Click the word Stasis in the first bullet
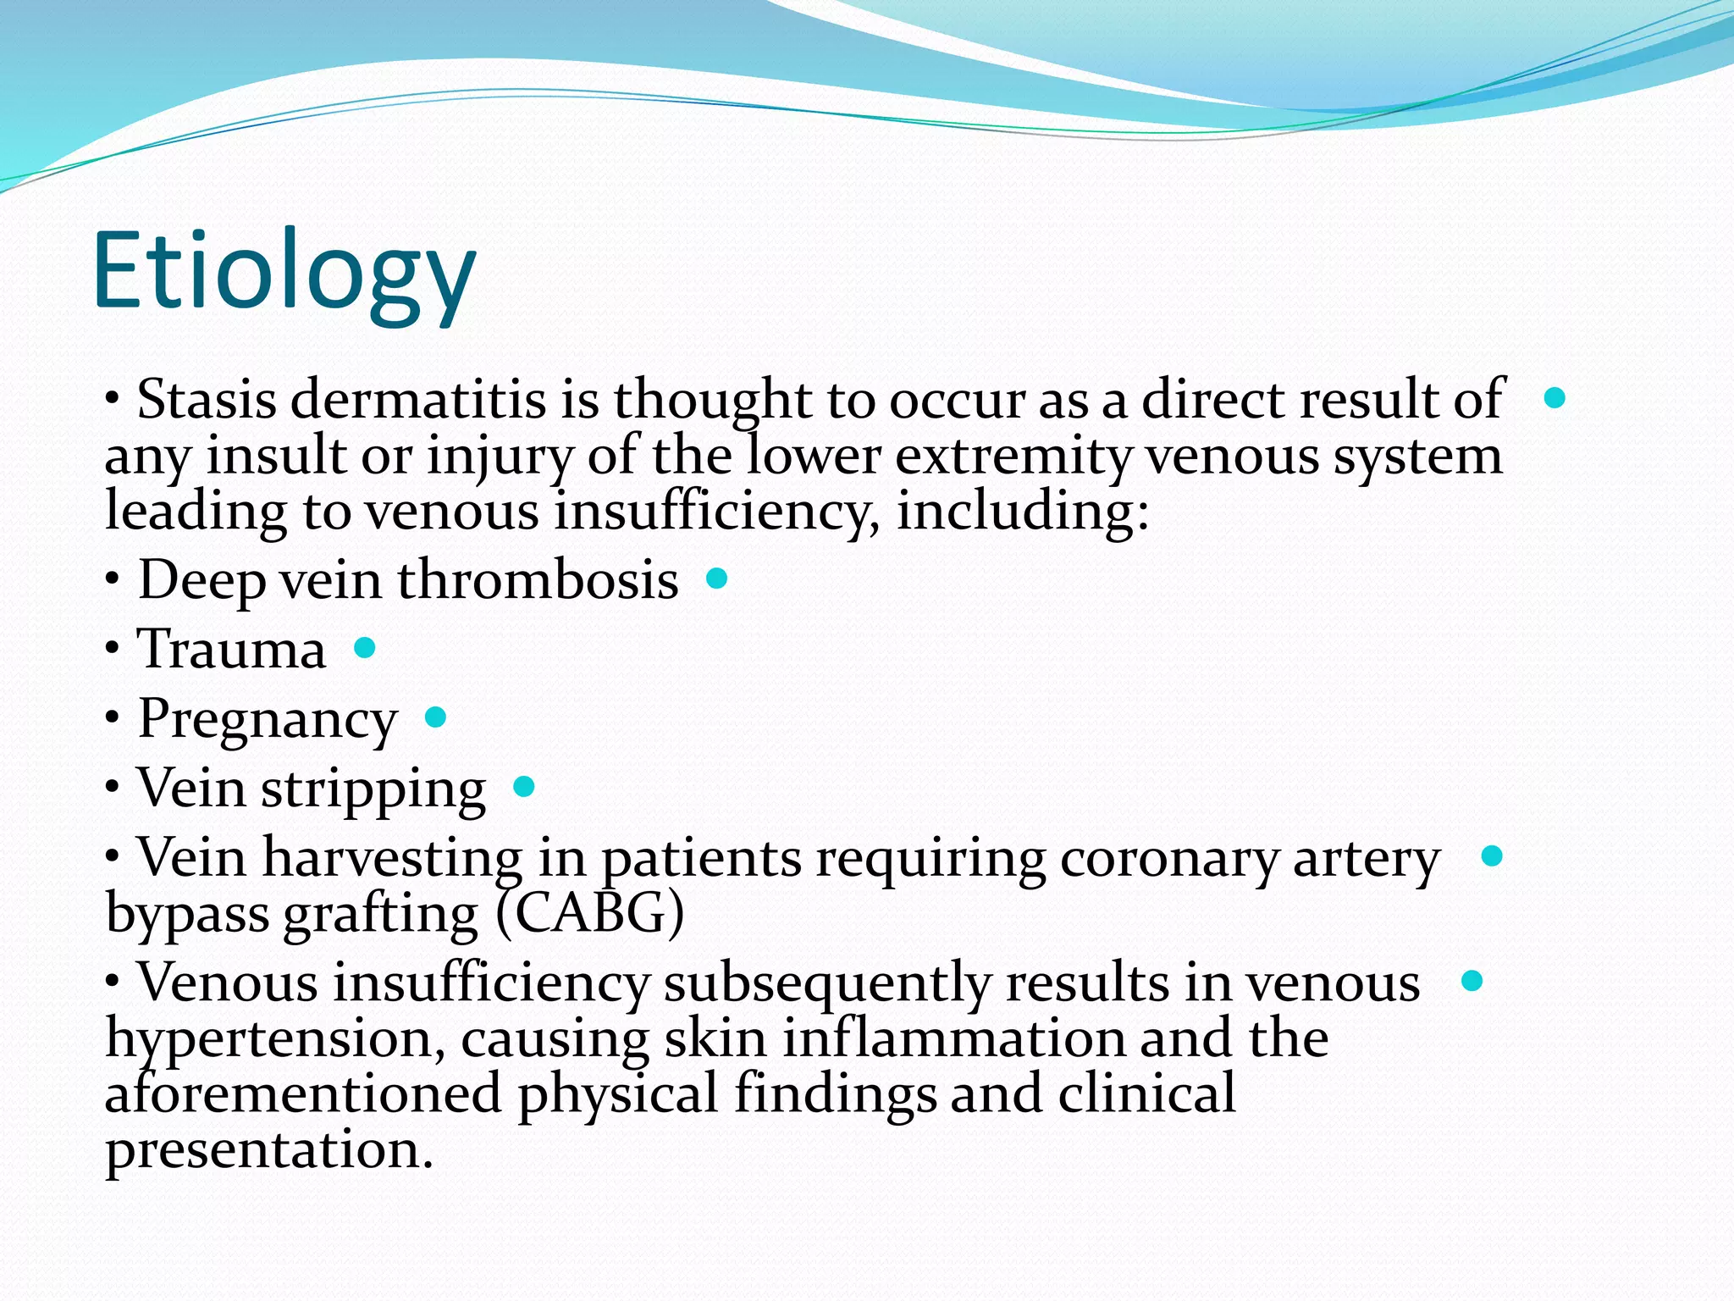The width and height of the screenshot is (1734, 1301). pos(206,399)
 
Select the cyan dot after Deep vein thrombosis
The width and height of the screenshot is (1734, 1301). pos(716,579)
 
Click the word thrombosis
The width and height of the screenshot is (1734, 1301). pos(538,581)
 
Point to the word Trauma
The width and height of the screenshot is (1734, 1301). pos(231,650)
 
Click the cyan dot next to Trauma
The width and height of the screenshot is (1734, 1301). pos(364,648)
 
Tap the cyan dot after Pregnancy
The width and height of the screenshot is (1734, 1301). pos(435,717)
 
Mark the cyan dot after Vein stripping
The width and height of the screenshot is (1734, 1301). pos(524,787)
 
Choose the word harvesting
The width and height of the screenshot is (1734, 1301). pos(392,858)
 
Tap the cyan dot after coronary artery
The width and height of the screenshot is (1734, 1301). pos(1492,856)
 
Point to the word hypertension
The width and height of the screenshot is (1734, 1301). pos(274,1039)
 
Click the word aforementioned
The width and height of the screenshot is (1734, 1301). pos(303,1093)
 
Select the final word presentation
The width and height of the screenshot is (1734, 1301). pos(268,1150)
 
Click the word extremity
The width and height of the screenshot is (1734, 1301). pos(1013,457)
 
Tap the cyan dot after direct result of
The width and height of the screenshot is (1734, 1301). pos(1555,397)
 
